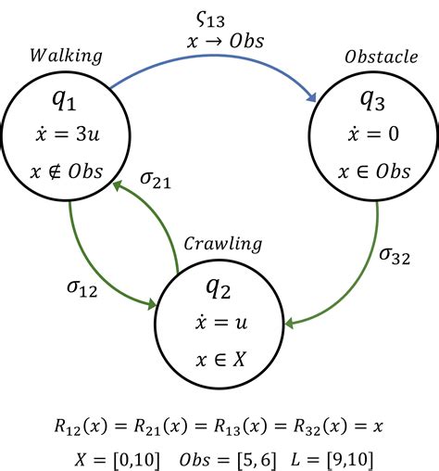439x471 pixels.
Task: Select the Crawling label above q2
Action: click(x=222, y=245)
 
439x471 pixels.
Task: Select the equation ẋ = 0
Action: click(x=377, y=136)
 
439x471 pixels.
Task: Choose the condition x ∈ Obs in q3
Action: click(x=377, y=173)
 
